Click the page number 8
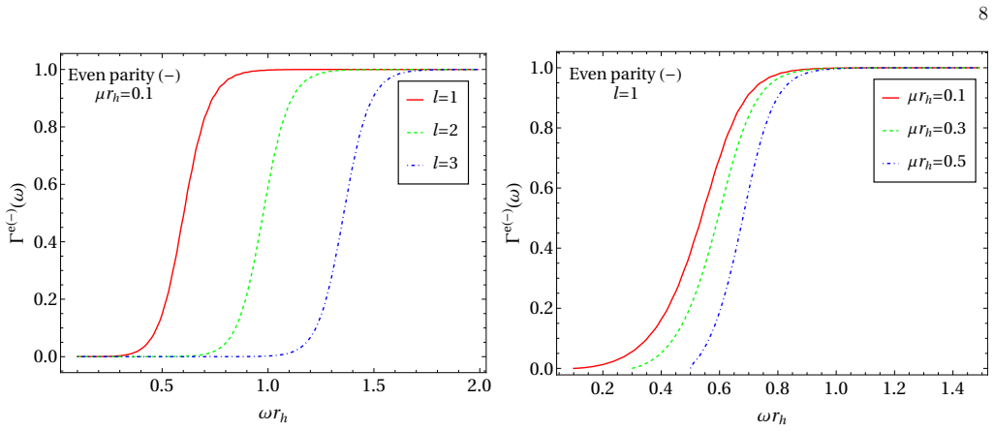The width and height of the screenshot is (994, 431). (982, 14)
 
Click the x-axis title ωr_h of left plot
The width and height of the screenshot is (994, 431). (274, 416)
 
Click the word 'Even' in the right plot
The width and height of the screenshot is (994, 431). (584, 75)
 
